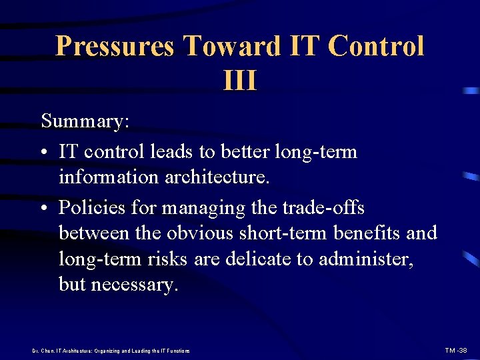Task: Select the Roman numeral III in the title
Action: pos(240,81)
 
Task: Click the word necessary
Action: pos(134,285)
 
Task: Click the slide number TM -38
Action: pos(456,350)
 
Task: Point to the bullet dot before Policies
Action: pos(45,208)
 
